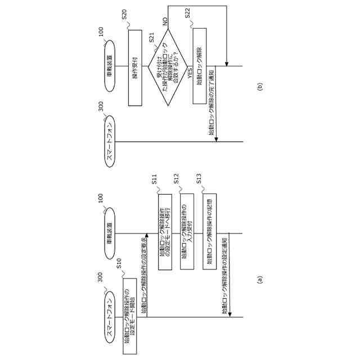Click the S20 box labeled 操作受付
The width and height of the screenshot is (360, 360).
135,67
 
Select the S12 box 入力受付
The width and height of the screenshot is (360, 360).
187,232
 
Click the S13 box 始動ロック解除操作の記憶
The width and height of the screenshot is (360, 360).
209,232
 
